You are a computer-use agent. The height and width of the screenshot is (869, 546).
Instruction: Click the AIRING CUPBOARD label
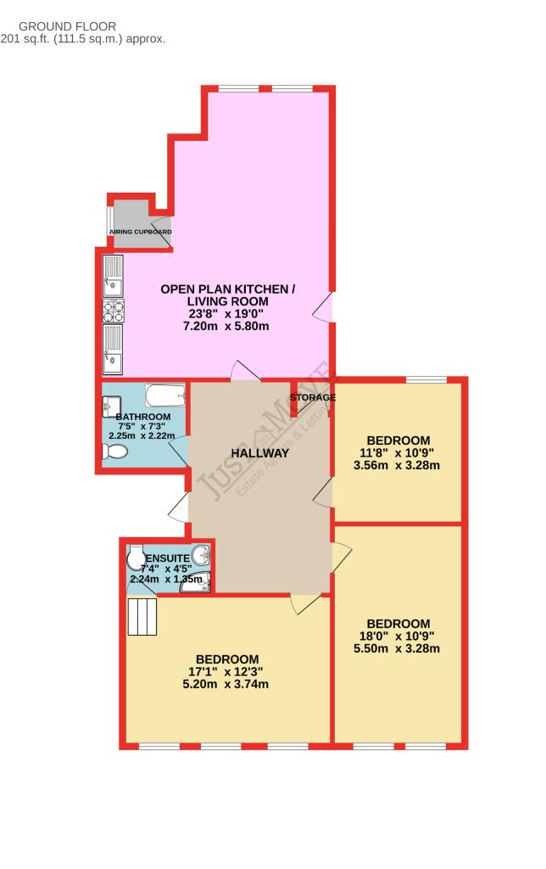[141, 232]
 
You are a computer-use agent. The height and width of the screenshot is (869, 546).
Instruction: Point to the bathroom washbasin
[111, 403]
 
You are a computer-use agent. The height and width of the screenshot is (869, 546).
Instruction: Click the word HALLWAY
[260, 453]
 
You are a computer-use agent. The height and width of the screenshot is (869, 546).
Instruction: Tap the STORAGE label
[313, 397]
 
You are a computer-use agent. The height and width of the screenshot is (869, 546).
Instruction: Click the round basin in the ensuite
[201, 557]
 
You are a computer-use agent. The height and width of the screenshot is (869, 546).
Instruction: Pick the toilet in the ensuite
[136, 558]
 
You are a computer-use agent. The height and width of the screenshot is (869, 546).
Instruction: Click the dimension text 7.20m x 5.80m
[228, 327]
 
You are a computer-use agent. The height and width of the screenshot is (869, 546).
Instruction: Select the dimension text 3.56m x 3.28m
[398, 465]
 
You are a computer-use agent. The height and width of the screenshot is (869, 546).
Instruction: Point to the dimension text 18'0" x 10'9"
[398, 636]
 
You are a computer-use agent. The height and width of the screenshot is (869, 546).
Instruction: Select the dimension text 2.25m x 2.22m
[142, 435]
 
